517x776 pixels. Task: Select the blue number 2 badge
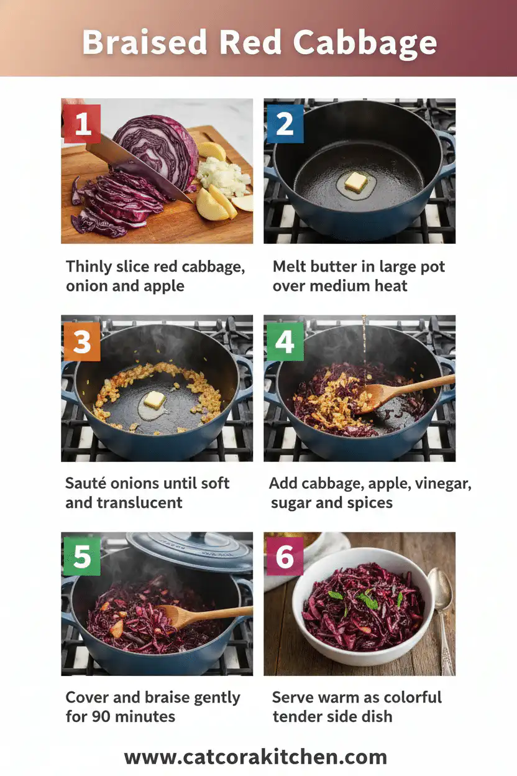point(283,124)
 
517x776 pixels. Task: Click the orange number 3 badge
point(81,341)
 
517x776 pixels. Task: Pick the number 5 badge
point(81,557)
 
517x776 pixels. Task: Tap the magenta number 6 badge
point(283,557)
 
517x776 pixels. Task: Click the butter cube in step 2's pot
point(356,182)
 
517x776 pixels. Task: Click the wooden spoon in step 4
point(398,392)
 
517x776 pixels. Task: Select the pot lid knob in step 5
point(186,538)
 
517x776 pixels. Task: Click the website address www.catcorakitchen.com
point(255,757)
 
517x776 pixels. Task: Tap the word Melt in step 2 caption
point(290,267)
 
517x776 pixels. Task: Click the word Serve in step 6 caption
point(295,697)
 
